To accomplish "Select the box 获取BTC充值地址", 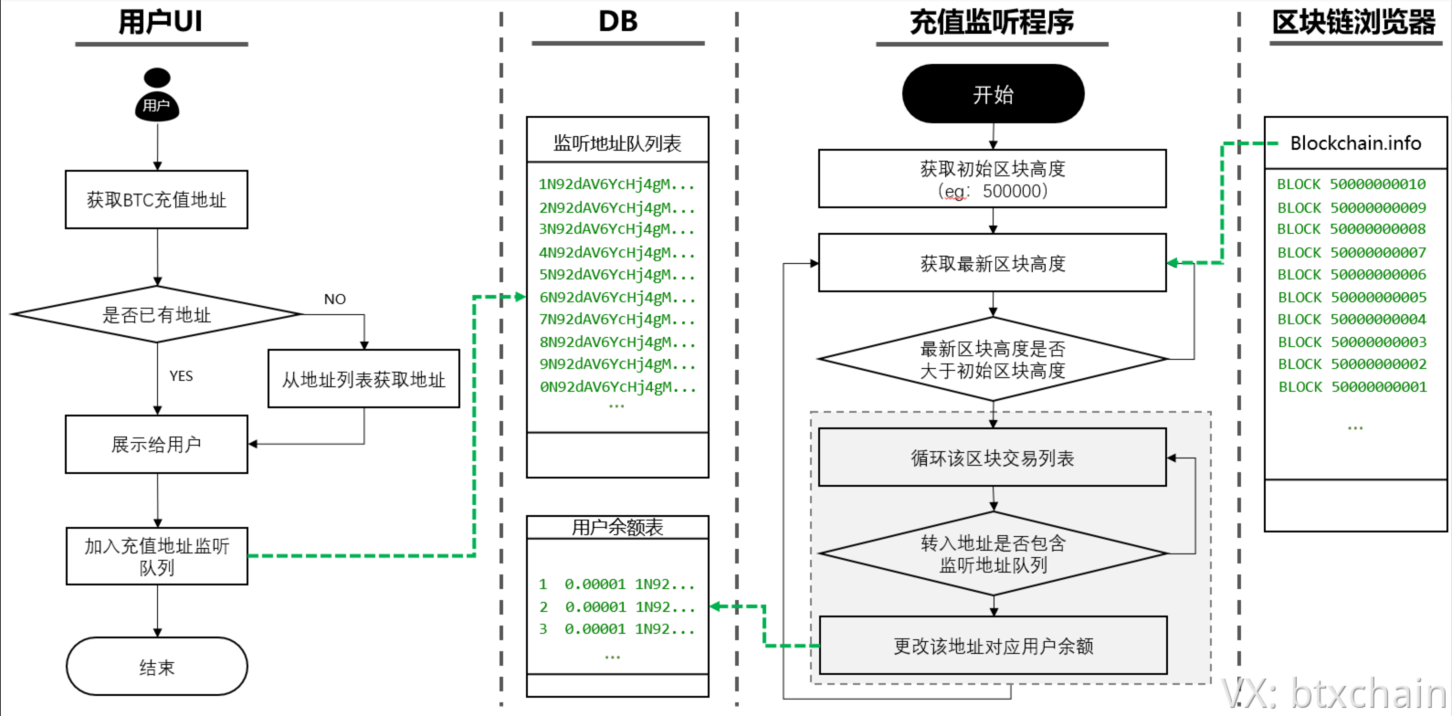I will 156,200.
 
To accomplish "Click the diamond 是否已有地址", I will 156,315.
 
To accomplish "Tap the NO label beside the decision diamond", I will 335,300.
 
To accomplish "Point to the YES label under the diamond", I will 181,376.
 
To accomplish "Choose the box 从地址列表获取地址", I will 363,380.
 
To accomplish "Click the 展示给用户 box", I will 156,445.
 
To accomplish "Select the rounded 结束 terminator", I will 156,667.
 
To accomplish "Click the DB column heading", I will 617,22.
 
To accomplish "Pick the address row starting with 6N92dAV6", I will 616,297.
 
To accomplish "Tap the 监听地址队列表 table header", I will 617,143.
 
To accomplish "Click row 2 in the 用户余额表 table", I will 616,606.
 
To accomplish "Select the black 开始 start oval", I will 993,94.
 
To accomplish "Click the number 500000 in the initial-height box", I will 1015,192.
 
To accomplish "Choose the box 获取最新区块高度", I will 993,264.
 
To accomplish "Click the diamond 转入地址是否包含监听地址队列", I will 993,553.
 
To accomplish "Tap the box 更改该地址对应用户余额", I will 993,646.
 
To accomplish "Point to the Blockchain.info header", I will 1355,143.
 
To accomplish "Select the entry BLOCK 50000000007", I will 1352,252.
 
